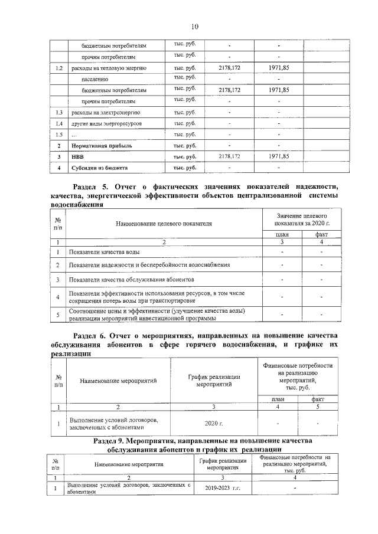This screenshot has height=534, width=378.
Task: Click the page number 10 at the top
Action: [x=194, y=25]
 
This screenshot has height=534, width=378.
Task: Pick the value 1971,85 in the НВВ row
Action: [x=278, y=156]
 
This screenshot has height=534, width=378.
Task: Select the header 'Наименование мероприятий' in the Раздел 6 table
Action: [x=118, y=381]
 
